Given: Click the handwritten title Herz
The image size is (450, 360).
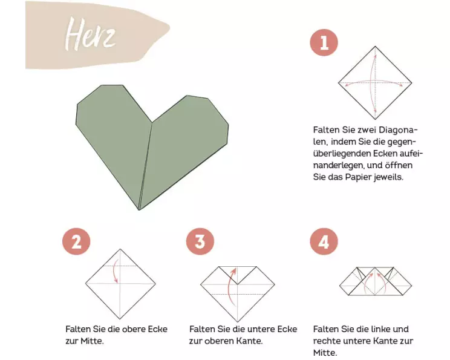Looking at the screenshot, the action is point(90,34).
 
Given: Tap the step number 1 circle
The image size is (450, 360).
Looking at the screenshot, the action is point(324,42).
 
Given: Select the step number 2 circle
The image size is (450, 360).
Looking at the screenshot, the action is point(76,241).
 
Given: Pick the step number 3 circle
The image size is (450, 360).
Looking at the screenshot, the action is point(200,241).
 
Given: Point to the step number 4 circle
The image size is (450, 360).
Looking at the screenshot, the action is point(324,241).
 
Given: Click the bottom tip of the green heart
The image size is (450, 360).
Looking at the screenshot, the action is point(139,210).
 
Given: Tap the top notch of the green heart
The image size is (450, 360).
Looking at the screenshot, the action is point(152,123).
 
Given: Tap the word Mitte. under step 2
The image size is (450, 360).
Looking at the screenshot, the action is point(92,341).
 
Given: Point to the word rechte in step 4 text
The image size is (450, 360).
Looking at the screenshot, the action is point(325,341).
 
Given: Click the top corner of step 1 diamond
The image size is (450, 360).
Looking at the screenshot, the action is point(375,47).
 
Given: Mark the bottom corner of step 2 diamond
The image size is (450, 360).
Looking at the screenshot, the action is point(120,319).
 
